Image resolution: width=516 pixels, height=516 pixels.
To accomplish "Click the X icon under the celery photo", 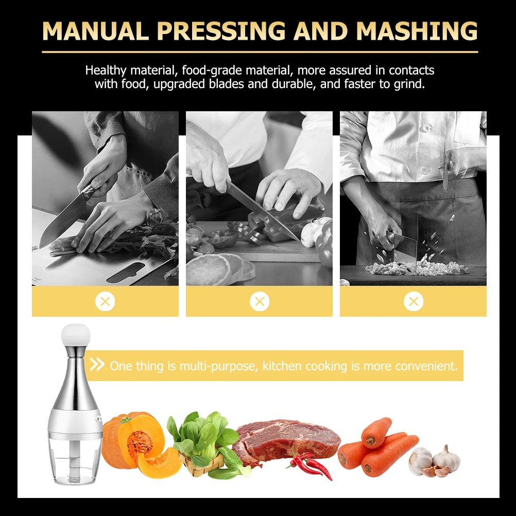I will [x=105, y=301].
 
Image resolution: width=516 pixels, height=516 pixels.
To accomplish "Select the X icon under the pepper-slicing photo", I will [x=260, y=301].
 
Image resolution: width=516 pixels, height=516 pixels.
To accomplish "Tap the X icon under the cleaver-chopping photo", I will [x=414, y=301].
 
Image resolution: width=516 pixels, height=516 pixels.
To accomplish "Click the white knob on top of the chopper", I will [x=75, y=335].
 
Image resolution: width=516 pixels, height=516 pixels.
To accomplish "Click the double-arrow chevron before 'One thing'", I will [x=97, y=365].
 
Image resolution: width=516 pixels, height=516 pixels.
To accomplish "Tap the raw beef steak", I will [x=288, y=438].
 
